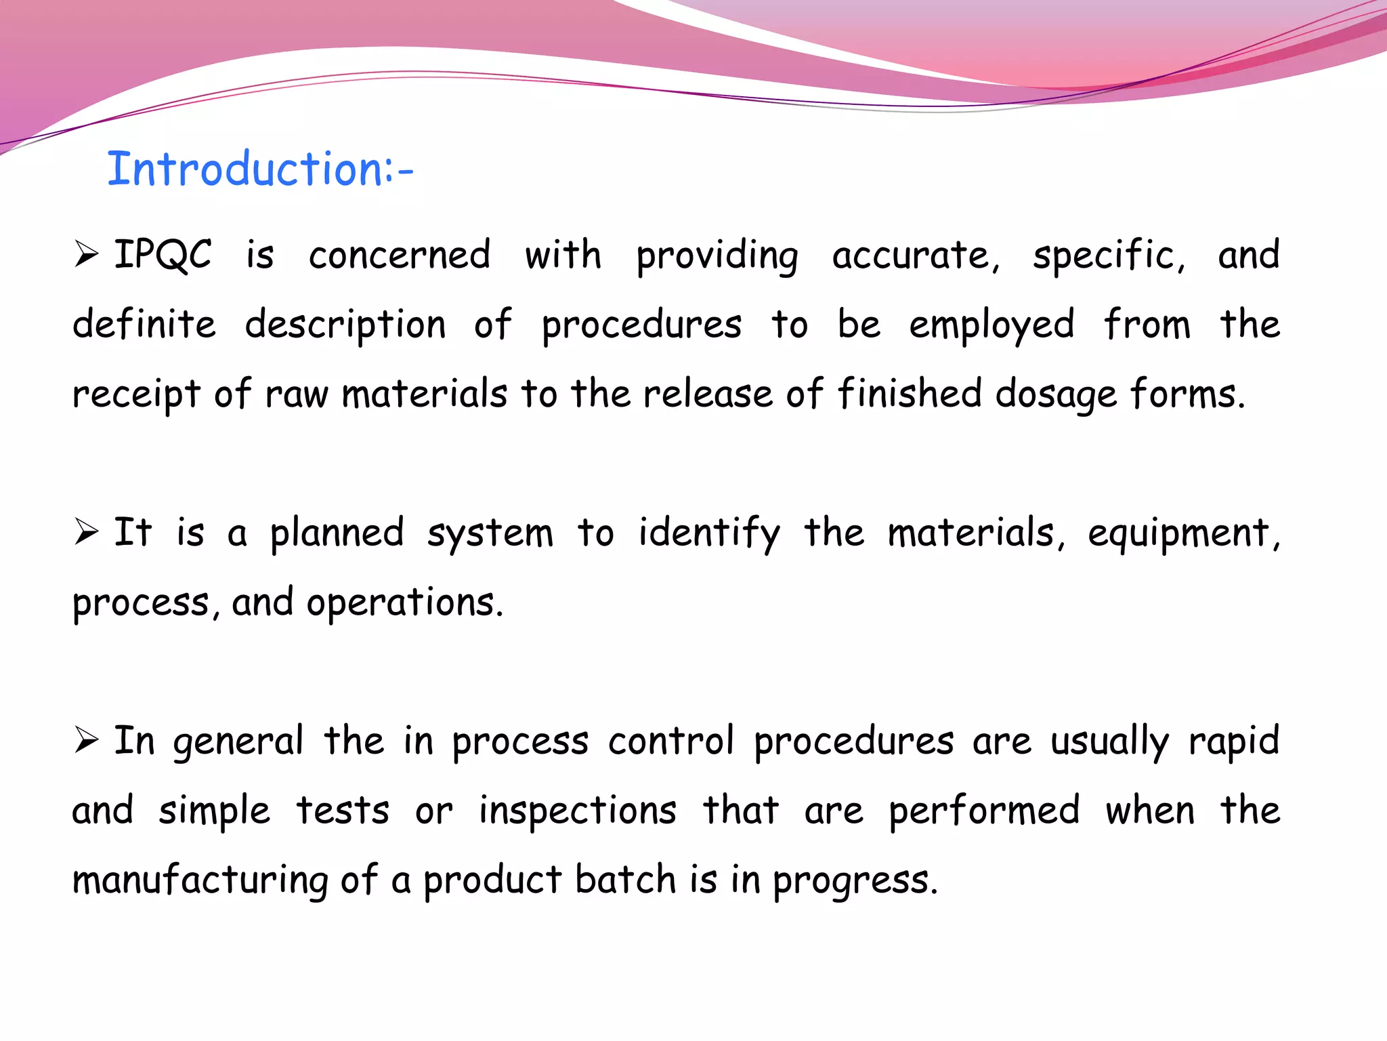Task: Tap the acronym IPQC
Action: point(163,255)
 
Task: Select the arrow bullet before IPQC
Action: point(87,254)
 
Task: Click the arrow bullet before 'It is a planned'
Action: point(87,531)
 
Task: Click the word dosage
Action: point(1056,395)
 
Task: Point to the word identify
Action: point(708,533)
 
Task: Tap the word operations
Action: point(404,603)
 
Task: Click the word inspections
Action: point(578,811)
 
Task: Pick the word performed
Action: point(984,811)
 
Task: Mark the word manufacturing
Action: point(200,880)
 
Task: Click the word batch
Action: point(626,879)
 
